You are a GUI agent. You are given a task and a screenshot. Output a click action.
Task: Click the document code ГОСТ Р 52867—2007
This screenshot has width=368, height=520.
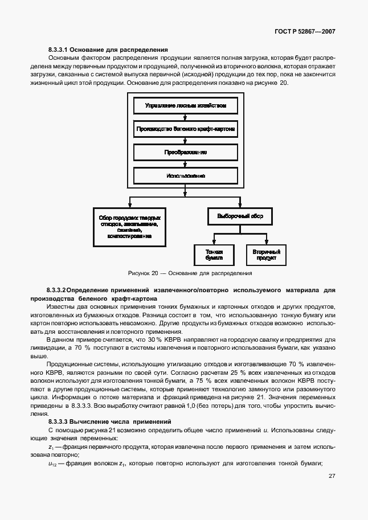(x=304, y=32)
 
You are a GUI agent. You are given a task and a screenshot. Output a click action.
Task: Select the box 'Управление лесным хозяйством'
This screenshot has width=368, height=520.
(x=185, y=106)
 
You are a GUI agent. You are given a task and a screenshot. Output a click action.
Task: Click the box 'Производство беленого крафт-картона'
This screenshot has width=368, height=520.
(x=185, y=129)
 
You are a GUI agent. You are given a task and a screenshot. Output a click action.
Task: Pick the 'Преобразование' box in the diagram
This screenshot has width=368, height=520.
(x=185, y=153)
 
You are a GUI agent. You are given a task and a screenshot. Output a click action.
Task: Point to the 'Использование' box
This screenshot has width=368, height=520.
(x=185, y=176)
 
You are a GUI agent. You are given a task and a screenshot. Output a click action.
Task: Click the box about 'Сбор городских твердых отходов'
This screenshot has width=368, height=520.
(x=129, y=227)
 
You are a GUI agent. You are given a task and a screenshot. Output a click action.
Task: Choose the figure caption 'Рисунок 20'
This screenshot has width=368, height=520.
(x=143, y=273)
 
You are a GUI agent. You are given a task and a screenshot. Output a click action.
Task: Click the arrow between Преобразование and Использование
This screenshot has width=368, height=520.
(x=185, y=164)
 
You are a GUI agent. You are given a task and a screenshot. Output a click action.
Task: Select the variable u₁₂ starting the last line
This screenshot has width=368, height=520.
(x=53, y=464)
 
